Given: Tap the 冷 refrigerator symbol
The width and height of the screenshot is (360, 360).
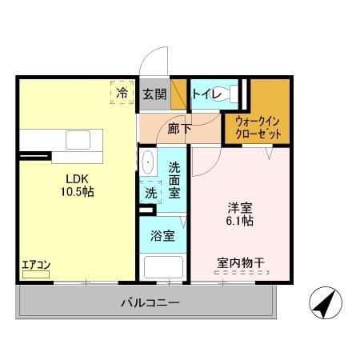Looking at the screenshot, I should [122, 94].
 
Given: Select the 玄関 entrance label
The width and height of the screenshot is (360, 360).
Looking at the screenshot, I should [154, 94].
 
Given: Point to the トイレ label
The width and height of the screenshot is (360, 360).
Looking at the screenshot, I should [206, 93].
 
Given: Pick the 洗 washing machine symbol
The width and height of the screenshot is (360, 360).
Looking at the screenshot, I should [149, 192].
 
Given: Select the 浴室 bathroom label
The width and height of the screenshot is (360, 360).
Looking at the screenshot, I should [162, 236].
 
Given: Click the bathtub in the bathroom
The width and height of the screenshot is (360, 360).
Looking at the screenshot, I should [163, 266].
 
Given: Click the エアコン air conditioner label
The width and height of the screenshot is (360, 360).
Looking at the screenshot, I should [36, 265].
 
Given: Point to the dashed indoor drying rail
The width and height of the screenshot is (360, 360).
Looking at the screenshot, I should [238, 273].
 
